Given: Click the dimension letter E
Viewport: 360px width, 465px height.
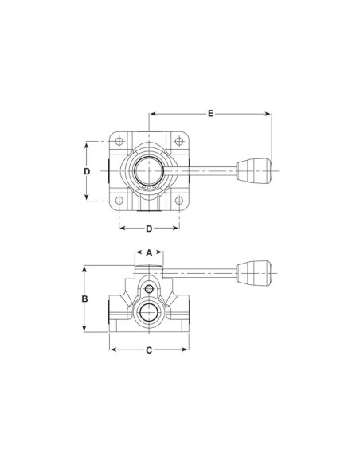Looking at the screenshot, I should [x=211, y=114].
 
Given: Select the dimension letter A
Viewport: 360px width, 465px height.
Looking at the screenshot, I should [x=149, y=254].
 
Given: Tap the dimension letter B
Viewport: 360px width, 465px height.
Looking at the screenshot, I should [x=84, y=299].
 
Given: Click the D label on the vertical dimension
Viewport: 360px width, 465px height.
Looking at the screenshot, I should [x=88, y=171].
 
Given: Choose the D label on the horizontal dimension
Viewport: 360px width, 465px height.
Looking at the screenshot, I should [x=149, y=229].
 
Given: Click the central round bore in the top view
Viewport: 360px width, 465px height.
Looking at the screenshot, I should [x=149, y=170].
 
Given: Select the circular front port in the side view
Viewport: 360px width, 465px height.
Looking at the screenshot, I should [x=149, y=313].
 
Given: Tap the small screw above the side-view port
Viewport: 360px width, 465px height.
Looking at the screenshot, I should [x=149, y=288].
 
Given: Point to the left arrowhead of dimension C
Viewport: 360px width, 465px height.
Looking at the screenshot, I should [x=113, y=350].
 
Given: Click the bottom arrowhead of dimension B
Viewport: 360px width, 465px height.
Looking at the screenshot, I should [x=84, y=326].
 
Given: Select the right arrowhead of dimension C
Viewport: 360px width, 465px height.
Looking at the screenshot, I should [x=186, y=350].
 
